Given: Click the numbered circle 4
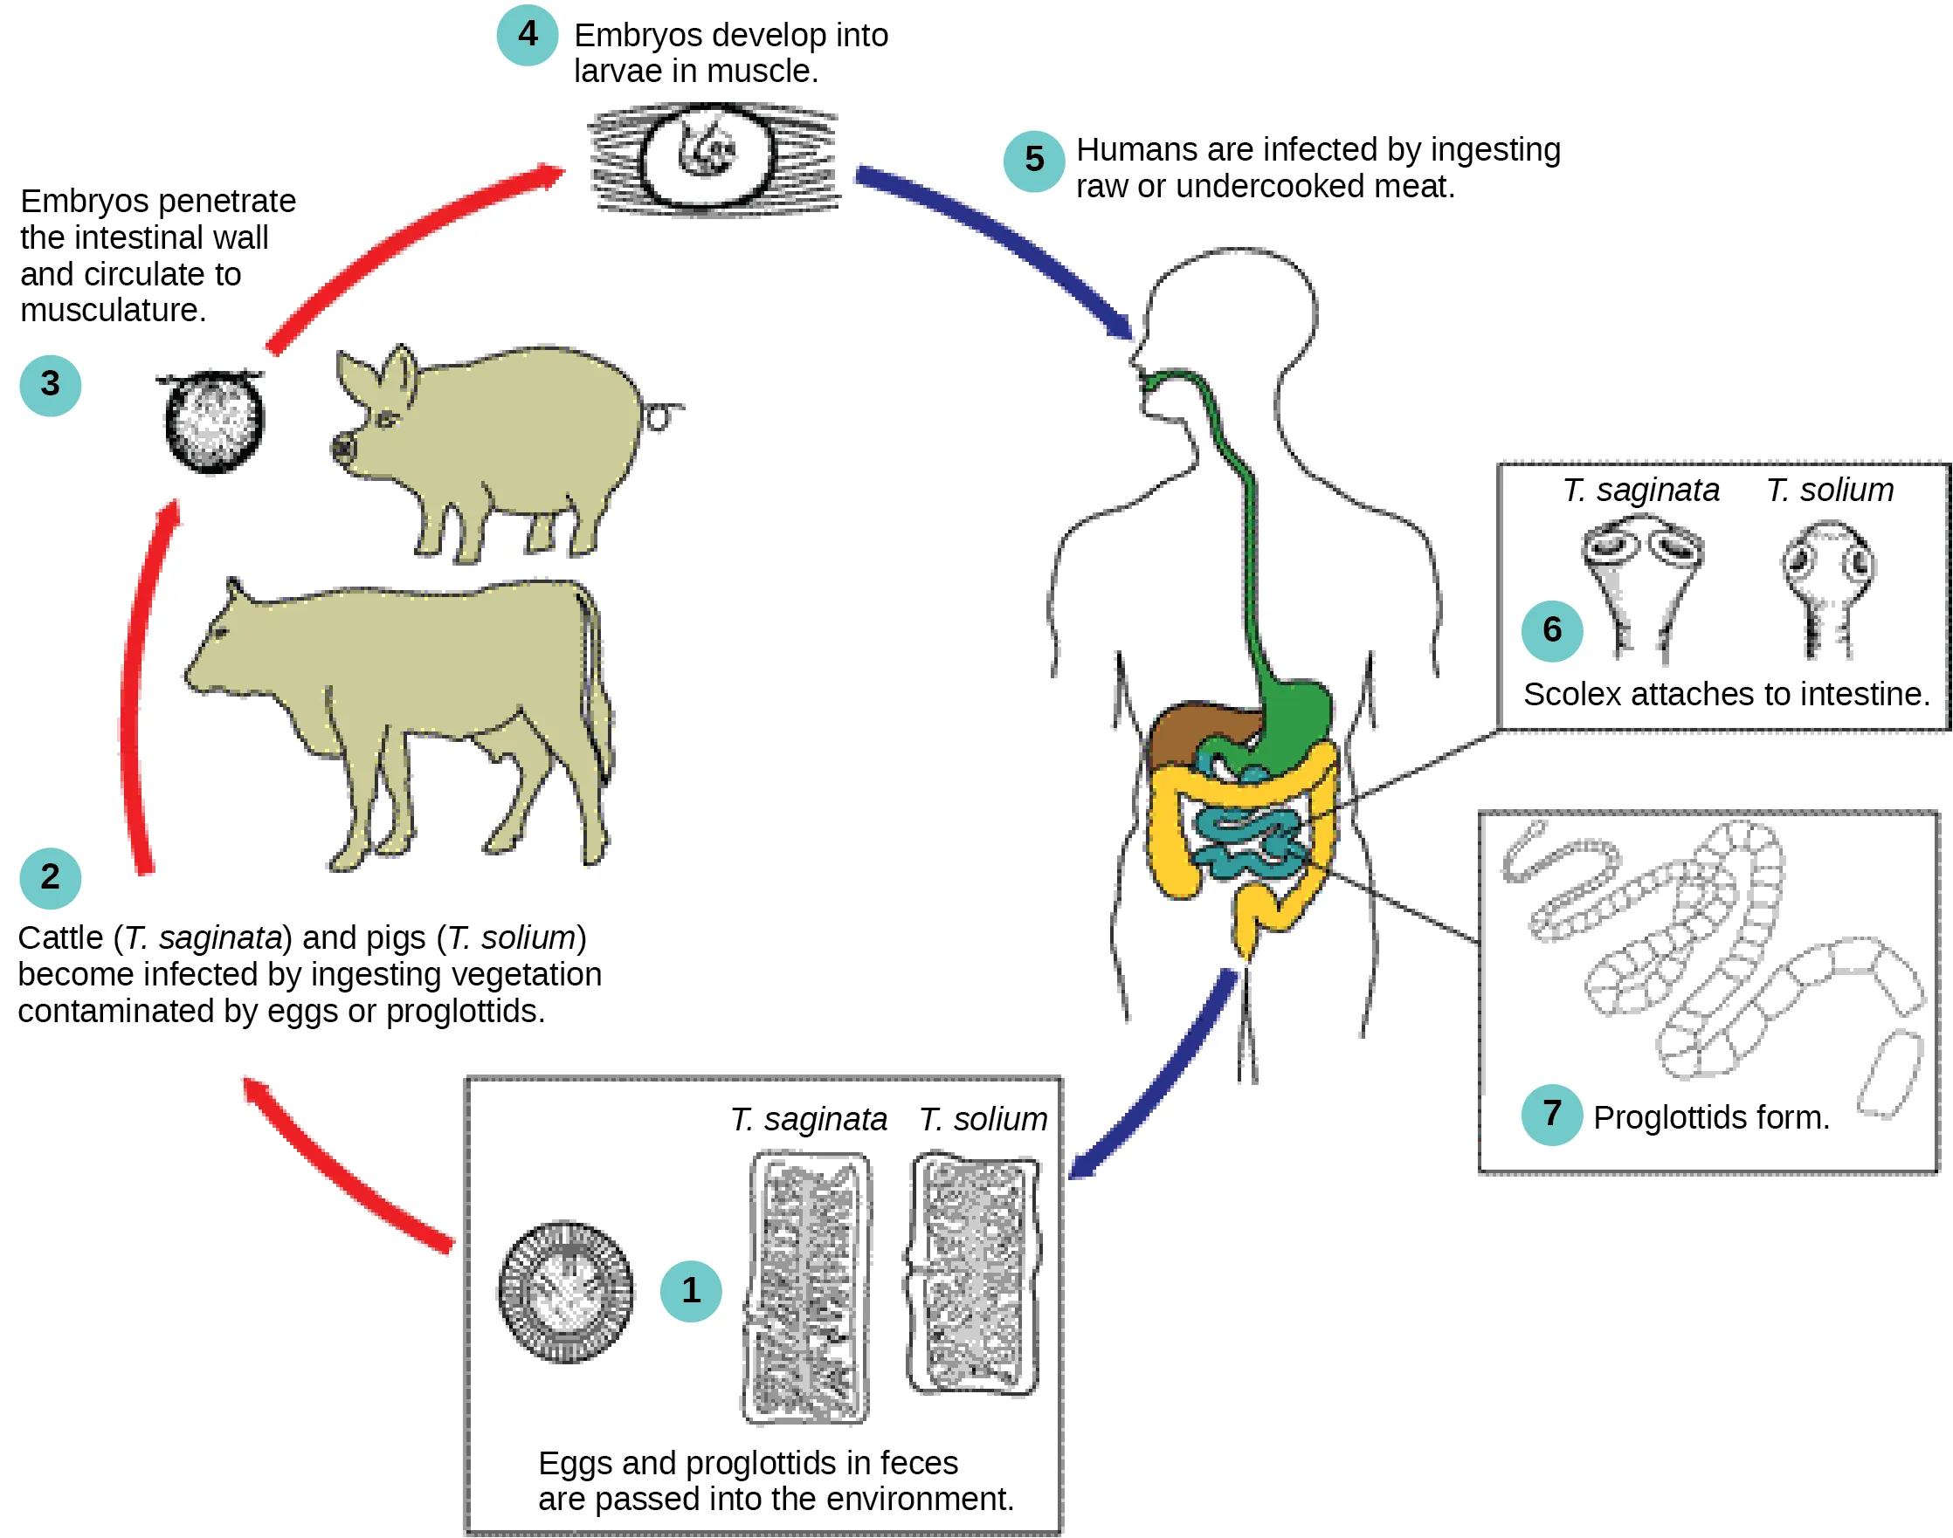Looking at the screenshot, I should pyautogui.click(x=527, y=35).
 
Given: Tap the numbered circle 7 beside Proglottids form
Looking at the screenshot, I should pyautogui.click(x=1551, y=1115).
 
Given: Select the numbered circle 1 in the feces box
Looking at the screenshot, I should pyautogui.click(x=691, y=1290).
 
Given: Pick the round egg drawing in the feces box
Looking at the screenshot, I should pyautogui.click(x=566, y=1291).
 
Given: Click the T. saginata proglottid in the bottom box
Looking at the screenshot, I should pyautogui.click(x=807, y=1287).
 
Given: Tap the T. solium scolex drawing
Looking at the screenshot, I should pyautogui.click(x=1828, y=586).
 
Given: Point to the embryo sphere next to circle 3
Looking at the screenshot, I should pyautogui.click(x=213, y=421).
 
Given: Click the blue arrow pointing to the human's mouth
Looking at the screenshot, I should pyautogui.click(x=1000, y=234).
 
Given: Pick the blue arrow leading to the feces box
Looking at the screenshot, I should pyautogui.click(x=1162, y=1081).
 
